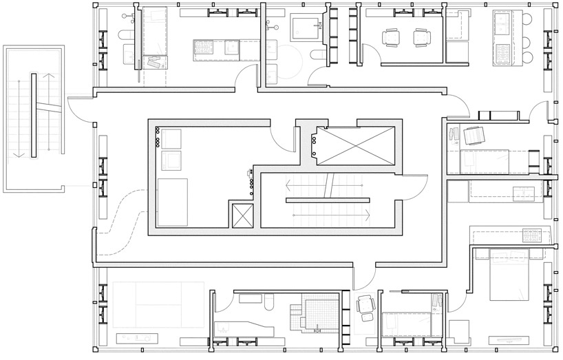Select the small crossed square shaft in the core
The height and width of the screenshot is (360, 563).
pos(243,215)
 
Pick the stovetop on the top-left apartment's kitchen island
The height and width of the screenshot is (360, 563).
pos(203,47)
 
